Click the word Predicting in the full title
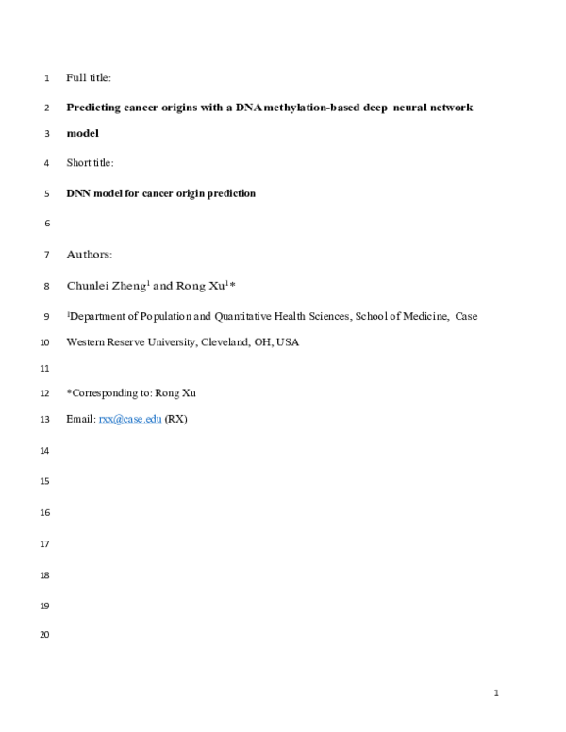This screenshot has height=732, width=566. pos(94,108)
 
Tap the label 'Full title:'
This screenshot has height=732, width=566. pos(89,77)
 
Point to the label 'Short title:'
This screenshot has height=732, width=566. pos(91,163)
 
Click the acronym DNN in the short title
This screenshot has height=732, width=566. pos(79,193)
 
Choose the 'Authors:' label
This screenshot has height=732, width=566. pos(90,255)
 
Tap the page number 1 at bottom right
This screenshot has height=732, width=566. pos(495,694)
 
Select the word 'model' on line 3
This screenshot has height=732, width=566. pos(83,133)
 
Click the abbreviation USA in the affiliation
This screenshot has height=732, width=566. pos(288,342)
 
